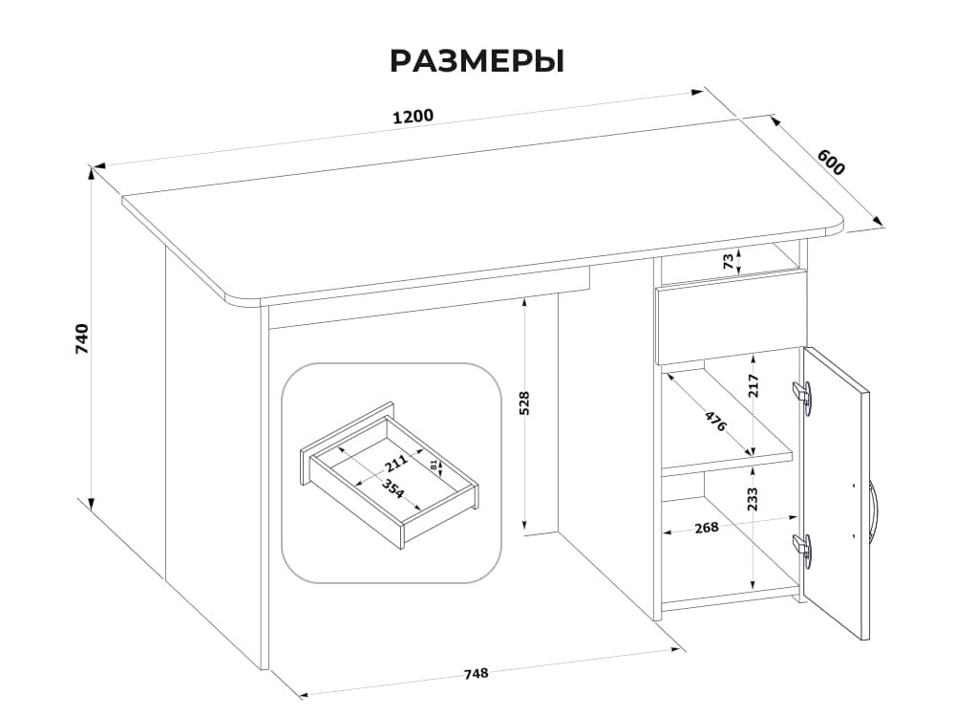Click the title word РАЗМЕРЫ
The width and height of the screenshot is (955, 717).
point(477,61)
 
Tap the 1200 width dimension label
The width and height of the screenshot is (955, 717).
point(413,117)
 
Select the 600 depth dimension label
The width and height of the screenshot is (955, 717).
point(831,163)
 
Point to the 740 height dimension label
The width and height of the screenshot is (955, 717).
point(82,339)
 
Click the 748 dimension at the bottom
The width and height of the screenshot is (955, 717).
point(476,673)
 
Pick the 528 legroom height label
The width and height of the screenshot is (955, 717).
point(523,402)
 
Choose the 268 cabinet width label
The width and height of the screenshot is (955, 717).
point(708,528)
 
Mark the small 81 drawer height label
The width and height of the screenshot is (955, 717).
point(435,466)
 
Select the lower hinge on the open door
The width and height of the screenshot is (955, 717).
point(804,548)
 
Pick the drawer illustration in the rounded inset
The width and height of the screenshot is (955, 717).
point(391,475)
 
